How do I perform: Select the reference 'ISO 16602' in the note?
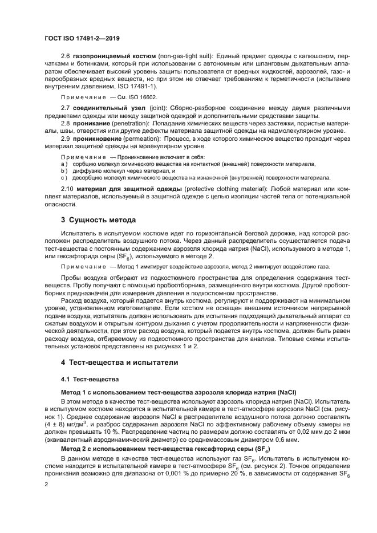pos(128,97)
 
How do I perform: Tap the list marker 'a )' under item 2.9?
pos(64,163)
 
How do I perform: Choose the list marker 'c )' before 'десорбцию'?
pos(64,177)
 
